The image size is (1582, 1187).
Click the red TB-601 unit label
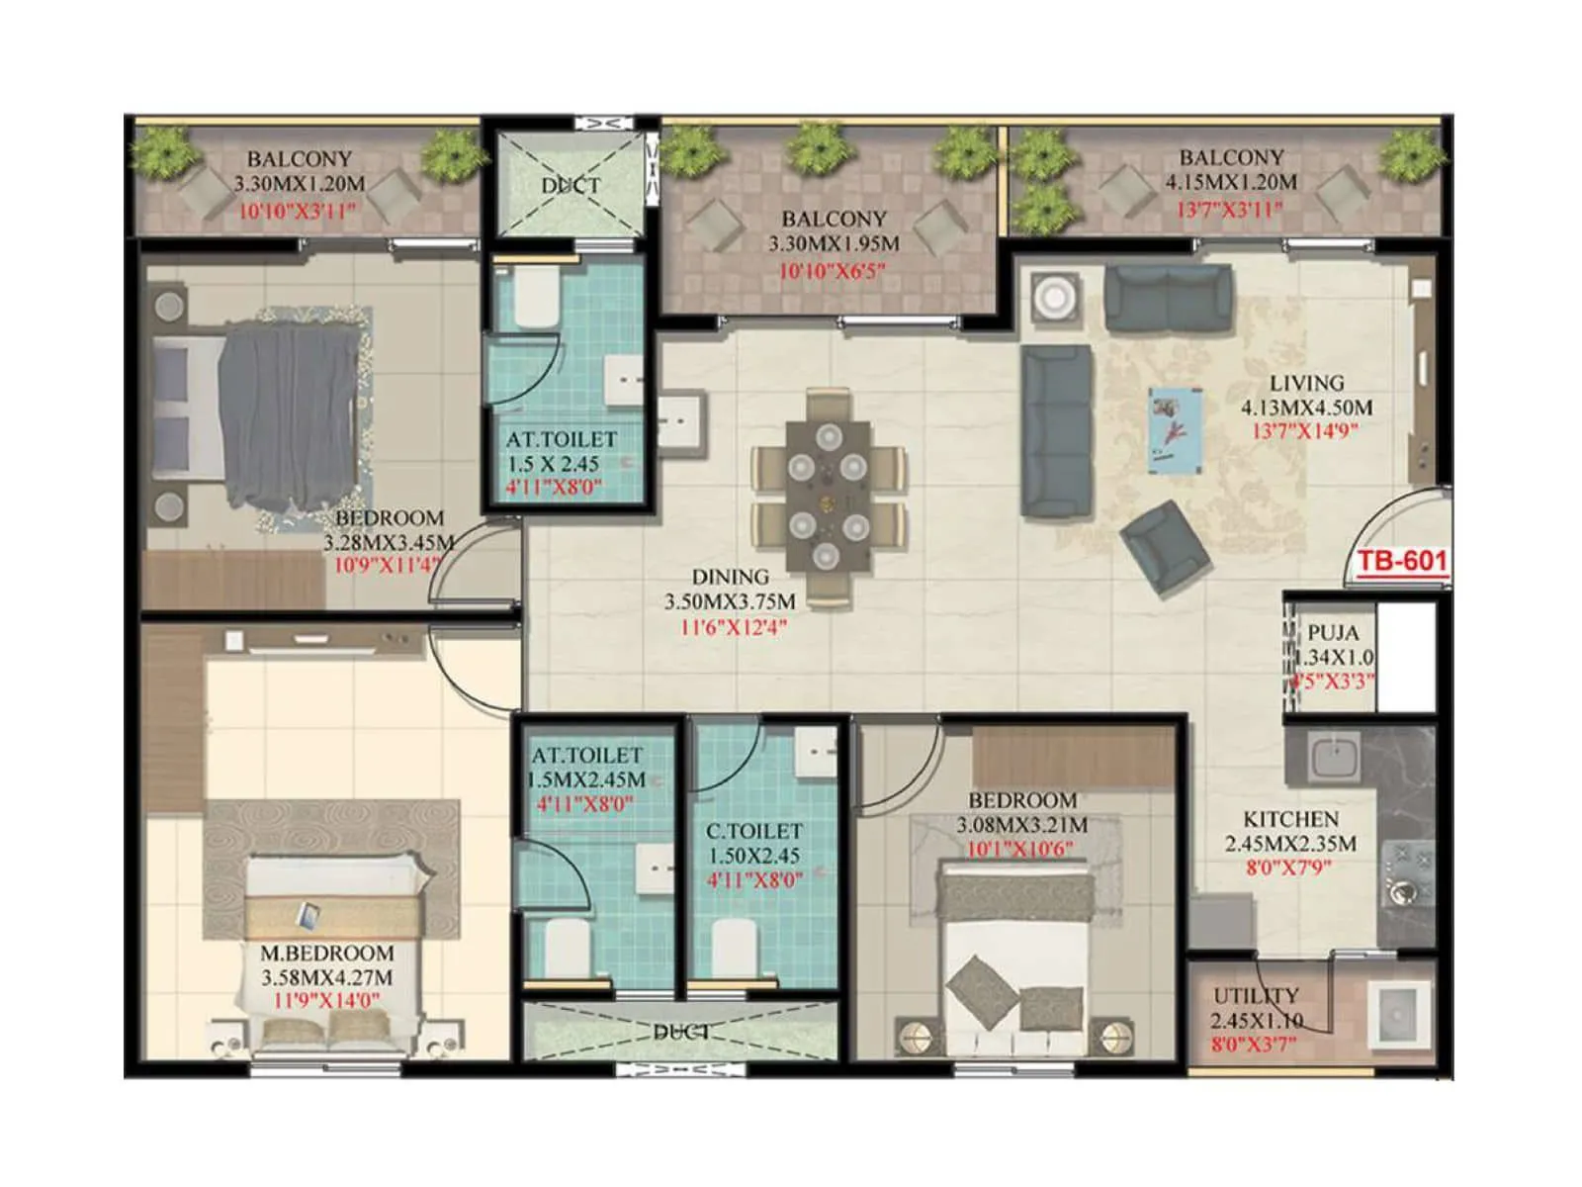pyautogui.click(x=1401, y=562)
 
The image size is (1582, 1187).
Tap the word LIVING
pyautogui.click(x=1306, y=383)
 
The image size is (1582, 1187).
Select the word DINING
pyautogui.click(x=730, y=577)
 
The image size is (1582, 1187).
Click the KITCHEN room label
pyautogui.click(x=1290, y=819)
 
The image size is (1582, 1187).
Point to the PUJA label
pyautogui.click(x=1333, y=633)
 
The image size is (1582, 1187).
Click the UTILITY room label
pyautogui.click(x=1256, y=996)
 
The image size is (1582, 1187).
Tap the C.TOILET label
pyautogui.click(x=753, y=832)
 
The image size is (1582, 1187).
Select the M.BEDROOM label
pyautogui.click(x=326, y=954)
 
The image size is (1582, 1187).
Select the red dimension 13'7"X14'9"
pyautogui.click(x=1305, y=431)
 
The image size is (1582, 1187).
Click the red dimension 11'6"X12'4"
pyautogui.click(x=733, y=626)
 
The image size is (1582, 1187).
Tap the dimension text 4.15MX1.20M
pyautogui.click(x=1230, y=183)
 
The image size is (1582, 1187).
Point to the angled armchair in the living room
pyautogui.click(x=1164, y=547)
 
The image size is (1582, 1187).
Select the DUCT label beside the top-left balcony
pyautogui.click(x=571, y=185)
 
